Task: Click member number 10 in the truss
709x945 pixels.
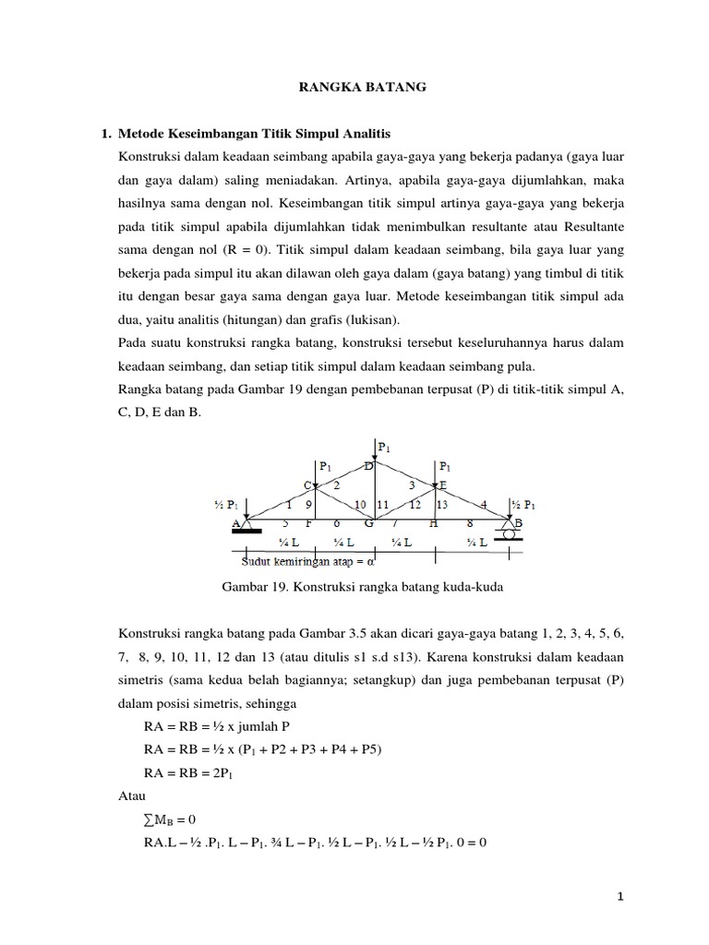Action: [x=361, y=505]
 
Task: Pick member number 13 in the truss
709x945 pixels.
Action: [x=442, y=505]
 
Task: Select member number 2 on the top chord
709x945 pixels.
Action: [x=336, y=485]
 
